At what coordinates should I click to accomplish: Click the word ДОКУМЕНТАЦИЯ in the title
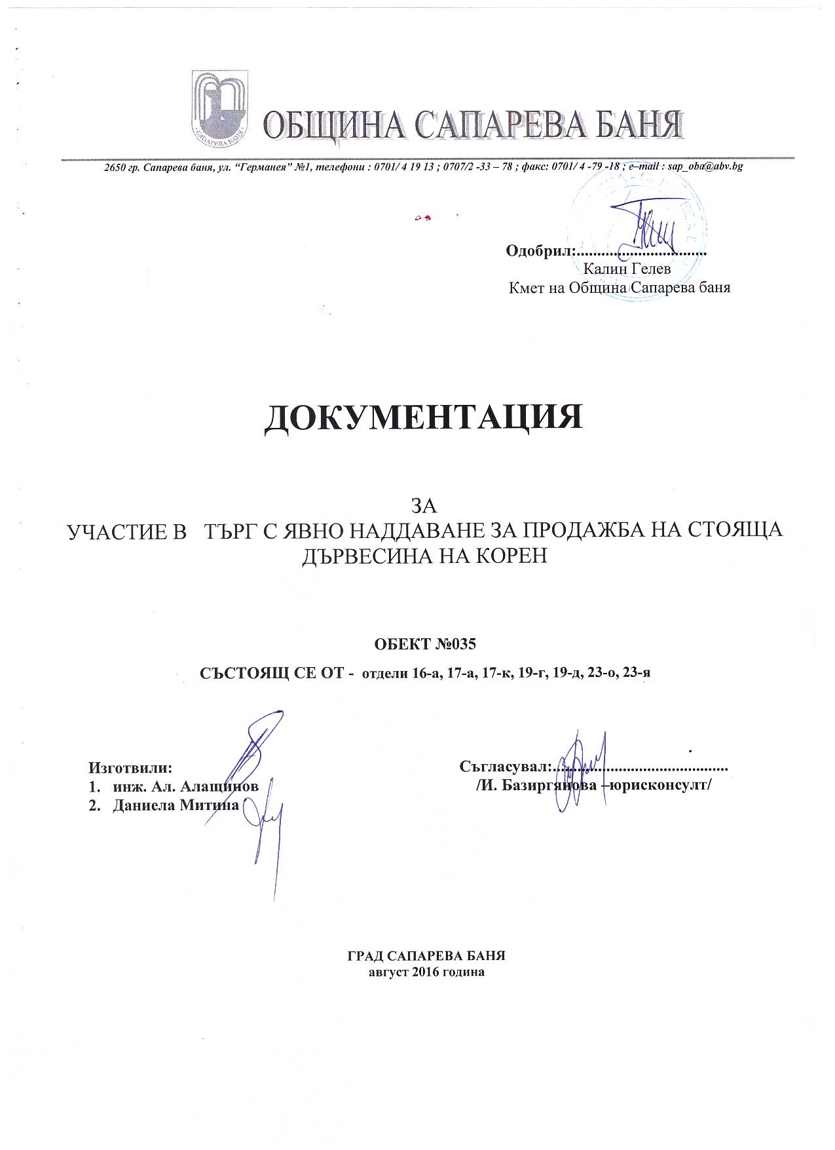[x=423, y=417]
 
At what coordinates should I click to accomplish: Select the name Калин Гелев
[x=627, y=268]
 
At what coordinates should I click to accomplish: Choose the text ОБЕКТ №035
[x=424, y=643]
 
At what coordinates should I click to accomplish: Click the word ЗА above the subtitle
[x=423, y=506]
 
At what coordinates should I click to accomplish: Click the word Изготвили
[x=130, y=767]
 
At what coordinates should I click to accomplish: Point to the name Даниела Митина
[x=176, y=805]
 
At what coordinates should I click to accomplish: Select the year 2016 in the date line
[x=426, y=972]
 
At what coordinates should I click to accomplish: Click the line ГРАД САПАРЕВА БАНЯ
[x=426, y=955]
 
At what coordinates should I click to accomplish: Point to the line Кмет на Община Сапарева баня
[x=620, y=288]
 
